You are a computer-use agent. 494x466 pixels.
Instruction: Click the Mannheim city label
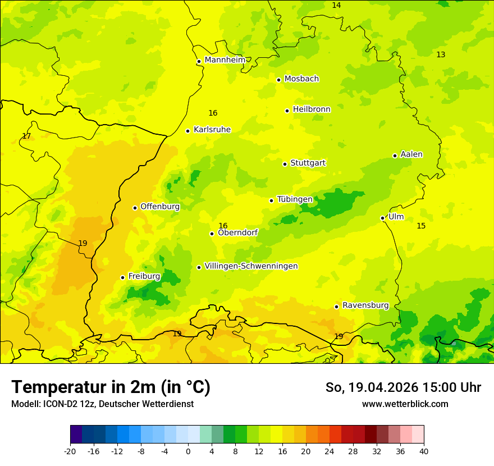point(225,60)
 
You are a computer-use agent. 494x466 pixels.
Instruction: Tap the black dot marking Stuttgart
point(285,164)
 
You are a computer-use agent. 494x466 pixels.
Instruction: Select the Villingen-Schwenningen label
point(251,266)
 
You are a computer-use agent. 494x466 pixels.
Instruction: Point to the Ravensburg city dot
point(337,307)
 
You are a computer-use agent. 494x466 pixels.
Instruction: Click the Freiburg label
point(144,276)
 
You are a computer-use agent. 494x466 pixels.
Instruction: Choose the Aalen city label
point(411,154)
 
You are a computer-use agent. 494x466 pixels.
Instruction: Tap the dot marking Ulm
point(383,218)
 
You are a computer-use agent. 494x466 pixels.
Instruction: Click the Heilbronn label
point(312,109)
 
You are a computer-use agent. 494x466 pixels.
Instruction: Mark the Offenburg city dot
point(135,208)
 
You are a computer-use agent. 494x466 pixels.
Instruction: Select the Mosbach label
point(301,79)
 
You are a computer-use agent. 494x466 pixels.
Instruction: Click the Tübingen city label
point(295,199)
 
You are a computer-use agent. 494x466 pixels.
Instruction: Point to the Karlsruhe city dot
point(188,131)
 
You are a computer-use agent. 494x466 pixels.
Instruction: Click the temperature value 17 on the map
point(26,136)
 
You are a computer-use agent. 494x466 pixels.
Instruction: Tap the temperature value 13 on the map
point(441,54)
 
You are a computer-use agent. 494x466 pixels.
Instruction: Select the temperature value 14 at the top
point(336,5)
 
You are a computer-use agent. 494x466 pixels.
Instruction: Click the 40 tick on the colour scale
point(423,451)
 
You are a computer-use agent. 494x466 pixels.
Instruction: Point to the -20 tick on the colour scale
point(70,451)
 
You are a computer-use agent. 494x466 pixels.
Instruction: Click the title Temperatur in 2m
point(111,387)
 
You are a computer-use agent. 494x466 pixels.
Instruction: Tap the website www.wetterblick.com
point(405,404)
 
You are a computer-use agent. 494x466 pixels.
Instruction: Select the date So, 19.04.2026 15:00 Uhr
point(403,387)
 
